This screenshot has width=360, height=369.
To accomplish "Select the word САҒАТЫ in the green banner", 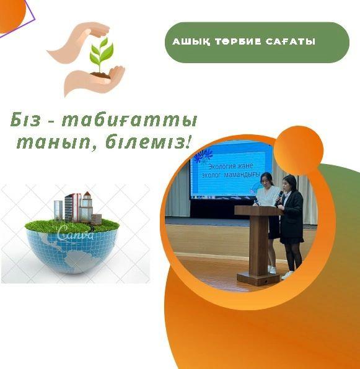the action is point(291,41).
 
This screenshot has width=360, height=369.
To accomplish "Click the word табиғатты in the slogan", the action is point(129,121).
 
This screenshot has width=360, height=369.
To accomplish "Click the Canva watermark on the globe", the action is point(76,232).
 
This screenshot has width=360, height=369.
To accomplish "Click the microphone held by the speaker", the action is point(278,198).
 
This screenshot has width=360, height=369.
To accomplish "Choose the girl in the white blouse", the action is point(268,221).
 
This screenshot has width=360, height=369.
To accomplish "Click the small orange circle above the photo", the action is point(299,150).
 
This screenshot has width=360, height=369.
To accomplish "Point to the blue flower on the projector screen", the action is point(203,155).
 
